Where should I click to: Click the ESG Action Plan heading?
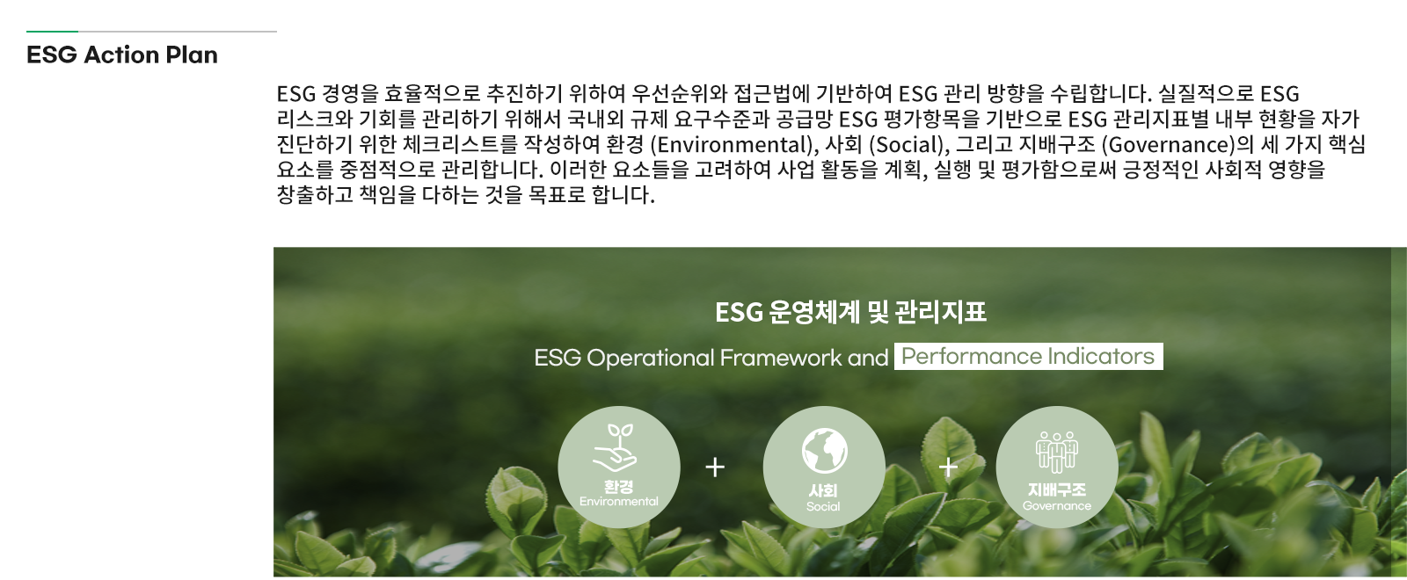122,55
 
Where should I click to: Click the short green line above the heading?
52,32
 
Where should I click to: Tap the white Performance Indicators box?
1028,357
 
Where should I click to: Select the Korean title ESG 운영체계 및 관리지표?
850,312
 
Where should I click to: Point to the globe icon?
824,451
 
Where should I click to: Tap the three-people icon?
1056,452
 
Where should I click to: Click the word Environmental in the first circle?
619,502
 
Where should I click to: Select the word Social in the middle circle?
823,506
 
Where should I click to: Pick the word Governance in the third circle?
1056,506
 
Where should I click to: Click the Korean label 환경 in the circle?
619,487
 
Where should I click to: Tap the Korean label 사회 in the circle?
823,491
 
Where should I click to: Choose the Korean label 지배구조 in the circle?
1056,489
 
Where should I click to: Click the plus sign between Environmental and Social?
715,467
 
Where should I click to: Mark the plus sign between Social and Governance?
948,467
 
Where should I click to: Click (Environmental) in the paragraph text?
731,145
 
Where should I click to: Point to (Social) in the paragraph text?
907,145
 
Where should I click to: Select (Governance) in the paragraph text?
1169,145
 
